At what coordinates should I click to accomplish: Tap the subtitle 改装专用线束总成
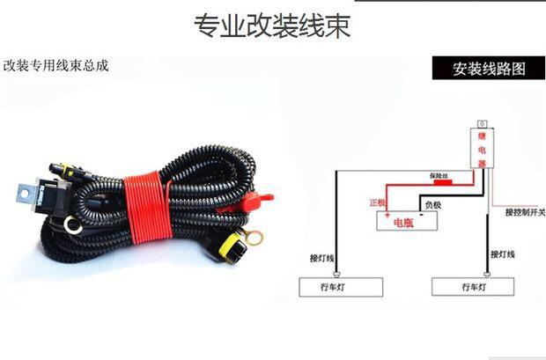[56, 65]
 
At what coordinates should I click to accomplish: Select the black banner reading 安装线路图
[488, 69]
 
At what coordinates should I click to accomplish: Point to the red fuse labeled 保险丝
[439, 184]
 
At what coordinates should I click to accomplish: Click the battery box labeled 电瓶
[407, 220]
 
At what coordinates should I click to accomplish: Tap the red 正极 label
[377, 202]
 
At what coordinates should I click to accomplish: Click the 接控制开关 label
[525, 212]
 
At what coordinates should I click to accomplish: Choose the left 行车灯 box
[342, 287]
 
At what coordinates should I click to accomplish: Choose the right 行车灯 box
[472, 287]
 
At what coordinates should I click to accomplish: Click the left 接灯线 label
[322, 258]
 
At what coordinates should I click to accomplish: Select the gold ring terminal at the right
[255, 236]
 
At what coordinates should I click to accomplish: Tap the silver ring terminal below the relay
[73, 227]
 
